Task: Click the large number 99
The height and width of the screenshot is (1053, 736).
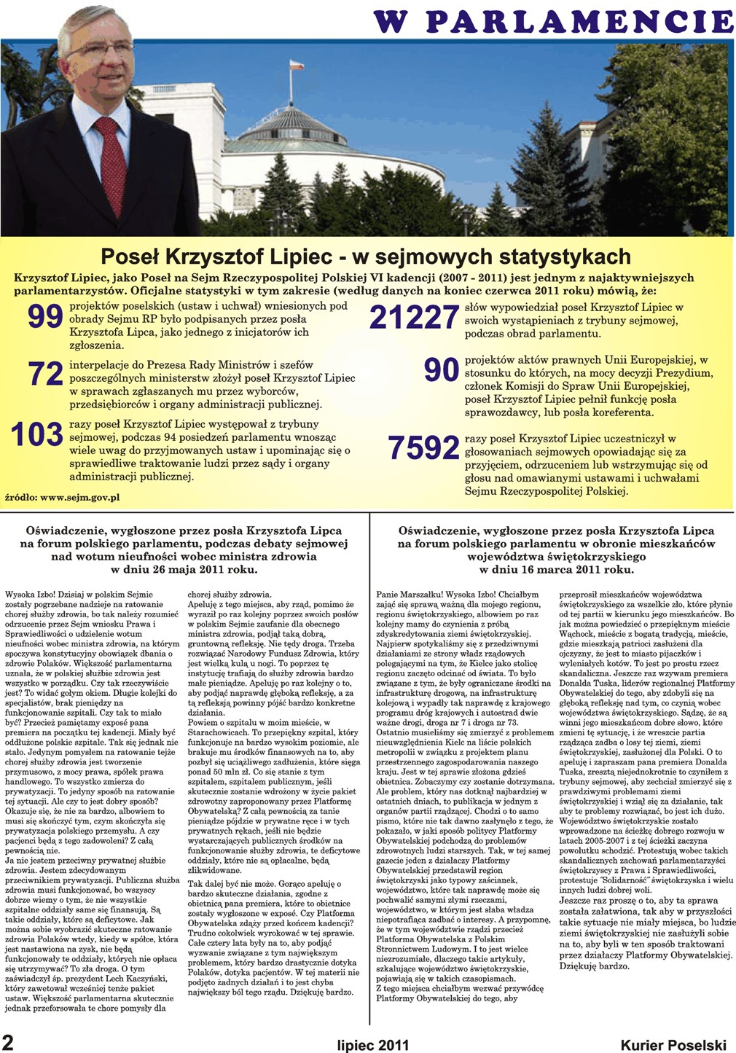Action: coord(44,317)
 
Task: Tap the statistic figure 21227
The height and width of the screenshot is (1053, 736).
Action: coord(414,318)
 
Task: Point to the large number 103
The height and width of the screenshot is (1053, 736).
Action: coord(37,435)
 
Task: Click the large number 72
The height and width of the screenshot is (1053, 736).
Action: coord(45,373)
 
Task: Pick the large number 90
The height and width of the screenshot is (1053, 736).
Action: coord(441,370)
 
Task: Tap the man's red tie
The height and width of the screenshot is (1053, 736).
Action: coord(111,164)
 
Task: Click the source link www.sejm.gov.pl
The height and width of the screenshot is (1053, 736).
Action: coord(79,498)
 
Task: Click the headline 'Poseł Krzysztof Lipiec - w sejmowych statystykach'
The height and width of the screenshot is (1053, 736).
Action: coord(365,257)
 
